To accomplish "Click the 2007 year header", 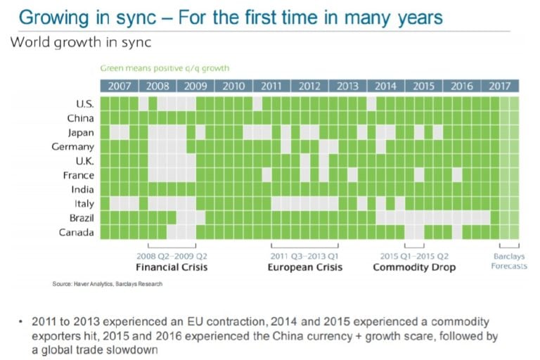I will point(119,86).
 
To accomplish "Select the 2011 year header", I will point(271,86).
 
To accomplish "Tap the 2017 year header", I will point(500,86).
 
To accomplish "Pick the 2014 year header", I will point(385,86).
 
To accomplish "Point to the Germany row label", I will point(72,147).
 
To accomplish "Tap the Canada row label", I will point(77,233).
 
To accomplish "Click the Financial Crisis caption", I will point(172,268).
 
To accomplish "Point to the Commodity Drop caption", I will point(414,268).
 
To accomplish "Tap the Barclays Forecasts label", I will point(508,262).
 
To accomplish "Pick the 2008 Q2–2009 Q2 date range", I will point(172,257).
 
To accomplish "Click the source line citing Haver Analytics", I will point(108,284).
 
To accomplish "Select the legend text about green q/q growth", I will point(165,68).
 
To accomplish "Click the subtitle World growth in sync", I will point(81,42).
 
